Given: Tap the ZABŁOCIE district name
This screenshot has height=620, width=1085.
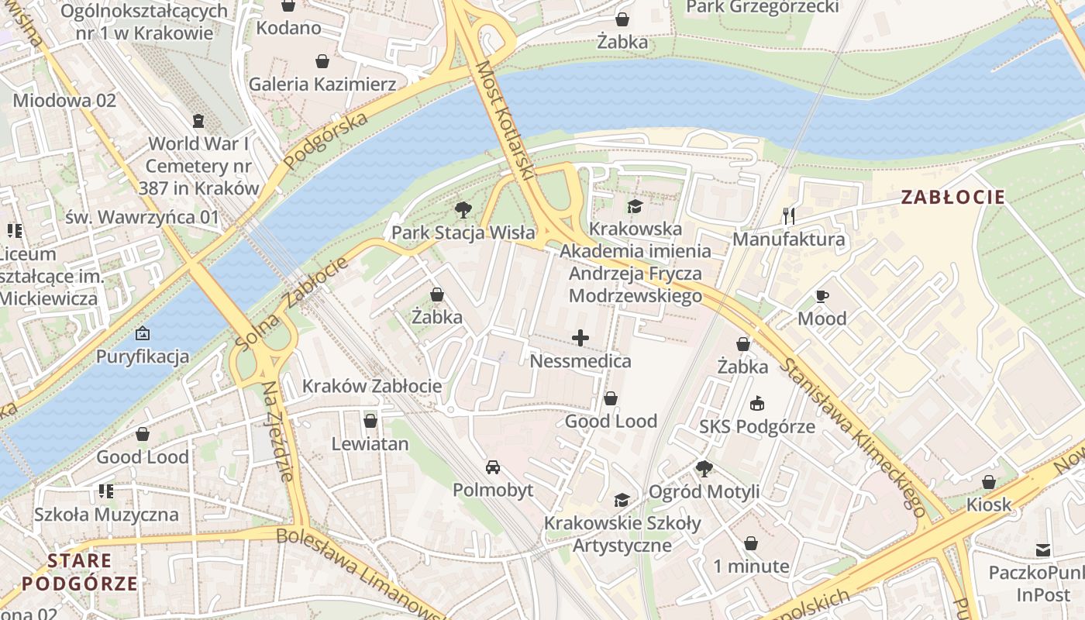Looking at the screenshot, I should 952,197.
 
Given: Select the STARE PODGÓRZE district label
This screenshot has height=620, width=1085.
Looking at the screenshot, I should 81,572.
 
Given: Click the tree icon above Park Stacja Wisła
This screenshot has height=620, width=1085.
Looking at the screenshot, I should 463,209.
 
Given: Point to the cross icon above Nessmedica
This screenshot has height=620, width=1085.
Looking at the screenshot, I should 580,338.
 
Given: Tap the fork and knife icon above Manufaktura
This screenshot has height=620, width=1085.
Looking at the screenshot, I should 789,215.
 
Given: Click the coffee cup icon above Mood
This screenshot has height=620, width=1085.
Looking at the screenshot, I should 821,296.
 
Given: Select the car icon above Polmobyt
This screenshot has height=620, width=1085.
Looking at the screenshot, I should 492,467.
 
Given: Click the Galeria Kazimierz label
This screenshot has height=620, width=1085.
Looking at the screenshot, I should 322,84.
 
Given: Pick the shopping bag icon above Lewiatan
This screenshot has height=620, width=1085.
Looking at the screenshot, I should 370,421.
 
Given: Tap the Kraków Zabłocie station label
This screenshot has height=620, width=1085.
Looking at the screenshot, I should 372,386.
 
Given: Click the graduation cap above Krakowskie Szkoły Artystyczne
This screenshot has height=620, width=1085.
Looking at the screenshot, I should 622,500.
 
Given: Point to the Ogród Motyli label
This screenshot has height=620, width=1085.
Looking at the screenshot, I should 704,491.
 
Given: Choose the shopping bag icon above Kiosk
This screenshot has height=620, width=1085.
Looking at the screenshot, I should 988,482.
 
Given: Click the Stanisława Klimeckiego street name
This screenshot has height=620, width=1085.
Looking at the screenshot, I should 852,438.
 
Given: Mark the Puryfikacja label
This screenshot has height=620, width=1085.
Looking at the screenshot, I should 143,356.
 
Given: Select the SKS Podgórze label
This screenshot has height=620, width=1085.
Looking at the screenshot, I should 757,426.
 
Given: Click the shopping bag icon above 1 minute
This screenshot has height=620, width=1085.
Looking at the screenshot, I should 750,543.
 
